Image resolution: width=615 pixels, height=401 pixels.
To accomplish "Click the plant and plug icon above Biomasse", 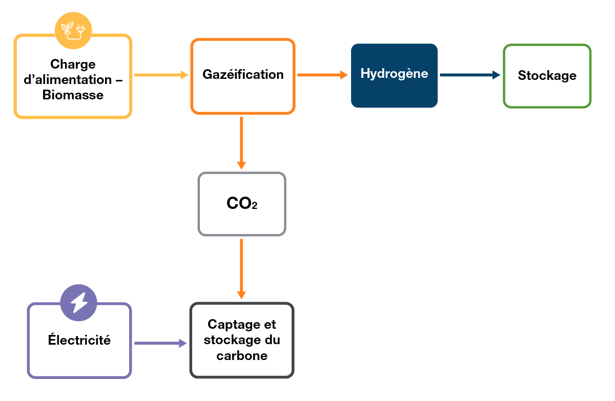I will (73, 30).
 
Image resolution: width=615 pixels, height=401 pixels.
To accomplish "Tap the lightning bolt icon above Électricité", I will (78, 302).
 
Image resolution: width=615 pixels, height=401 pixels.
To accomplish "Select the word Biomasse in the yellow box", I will (73, 95).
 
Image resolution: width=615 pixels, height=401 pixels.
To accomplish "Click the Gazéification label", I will (243, 75).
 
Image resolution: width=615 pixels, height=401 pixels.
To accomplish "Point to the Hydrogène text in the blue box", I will (394, 73).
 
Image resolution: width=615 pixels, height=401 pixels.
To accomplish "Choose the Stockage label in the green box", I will (547, 76).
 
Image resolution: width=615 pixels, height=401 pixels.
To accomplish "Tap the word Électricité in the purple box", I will (79, 340).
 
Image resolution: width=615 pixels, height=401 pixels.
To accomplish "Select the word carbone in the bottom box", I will (242, 356).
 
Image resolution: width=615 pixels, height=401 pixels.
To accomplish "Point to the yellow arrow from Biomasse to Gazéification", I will (161, 75).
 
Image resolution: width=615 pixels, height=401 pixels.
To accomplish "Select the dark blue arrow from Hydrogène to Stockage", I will (469, 75).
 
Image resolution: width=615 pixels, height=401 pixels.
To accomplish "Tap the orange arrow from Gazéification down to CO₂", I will (241, 143).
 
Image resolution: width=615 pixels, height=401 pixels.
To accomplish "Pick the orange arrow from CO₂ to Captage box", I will (241, 269).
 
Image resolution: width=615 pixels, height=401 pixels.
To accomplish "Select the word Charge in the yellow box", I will (73, 65).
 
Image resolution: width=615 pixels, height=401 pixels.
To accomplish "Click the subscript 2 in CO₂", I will (254, 206).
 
